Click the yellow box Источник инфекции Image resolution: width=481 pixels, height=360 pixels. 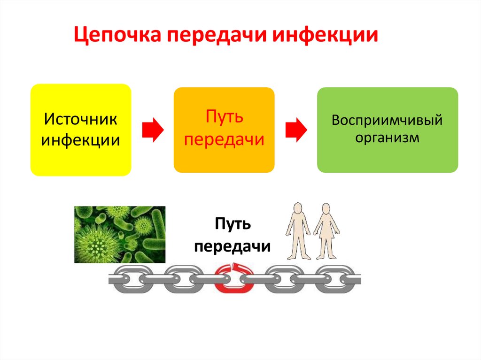[x=80, y=130]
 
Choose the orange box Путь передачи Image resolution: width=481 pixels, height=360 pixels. [x=224, y=130]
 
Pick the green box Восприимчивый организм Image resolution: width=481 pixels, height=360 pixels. [x=387, y=130]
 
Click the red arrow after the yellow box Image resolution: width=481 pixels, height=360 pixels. [x=152, y=130]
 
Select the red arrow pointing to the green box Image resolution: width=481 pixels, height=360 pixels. [x=296, y=130]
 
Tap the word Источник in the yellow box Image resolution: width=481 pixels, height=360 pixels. [x=80, y=119]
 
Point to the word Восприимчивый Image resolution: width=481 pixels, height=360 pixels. [x=387, y=120]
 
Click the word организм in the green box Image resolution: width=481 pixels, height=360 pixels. [x=387, y=138]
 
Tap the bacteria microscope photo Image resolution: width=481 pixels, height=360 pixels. [x=120, y=234]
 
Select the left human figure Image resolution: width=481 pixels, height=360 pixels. [x=298, y=230]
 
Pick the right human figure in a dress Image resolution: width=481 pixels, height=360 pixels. [x=326, y=230]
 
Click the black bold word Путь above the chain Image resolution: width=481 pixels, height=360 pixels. [x=233, y=224]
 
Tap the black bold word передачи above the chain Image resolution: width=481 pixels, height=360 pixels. [x=233, y=245]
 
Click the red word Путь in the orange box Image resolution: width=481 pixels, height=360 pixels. [x=224, y=117]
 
